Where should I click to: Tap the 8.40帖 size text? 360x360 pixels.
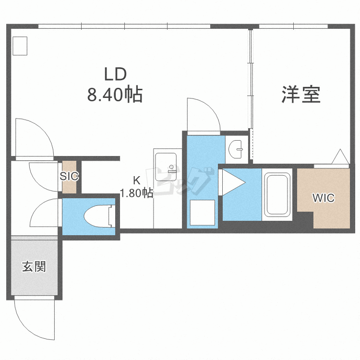[x=115, y=95]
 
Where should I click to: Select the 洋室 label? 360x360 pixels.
[x=301, y=95]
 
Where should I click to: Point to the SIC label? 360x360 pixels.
[x=69, y=176]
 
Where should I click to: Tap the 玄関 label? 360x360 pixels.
[x=34, y=267]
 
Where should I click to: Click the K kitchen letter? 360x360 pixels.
[x=137, y=181]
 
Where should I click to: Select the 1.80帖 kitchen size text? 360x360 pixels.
[x=137, y=193]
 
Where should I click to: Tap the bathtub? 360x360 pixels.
[x=278, y=194]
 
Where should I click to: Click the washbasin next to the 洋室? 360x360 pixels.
[x=236, y=149]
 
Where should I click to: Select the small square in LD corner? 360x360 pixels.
[x=21, y=46]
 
